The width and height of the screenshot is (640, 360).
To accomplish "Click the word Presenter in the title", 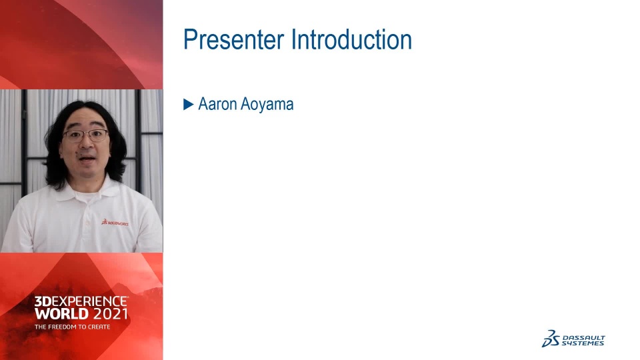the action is click(233, 39).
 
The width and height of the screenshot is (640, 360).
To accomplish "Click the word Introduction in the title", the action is click(351, 39).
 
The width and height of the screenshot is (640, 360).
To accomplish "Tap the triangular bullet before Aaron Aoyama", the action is click(188, 105).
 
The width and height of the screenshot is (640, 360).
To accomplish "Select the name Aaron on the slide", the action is click(217, 104).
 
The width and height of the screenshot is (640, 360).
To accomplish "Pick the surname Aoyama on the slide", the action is click(267, 105).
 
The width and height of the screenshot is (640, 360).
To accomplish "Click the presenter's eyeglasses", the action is click(86, 135).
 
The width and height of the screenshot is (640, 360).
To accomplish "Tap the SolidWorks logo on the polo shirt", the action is click(115, 223).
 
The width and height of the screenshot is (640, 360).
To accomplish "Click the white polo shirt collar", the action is click(87, 190).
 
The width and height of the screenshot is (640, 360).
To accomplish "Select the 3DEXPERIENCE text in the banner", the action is click(81, 301).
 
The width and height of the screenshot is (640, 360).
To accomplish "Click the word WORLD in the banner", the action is click(61, 314).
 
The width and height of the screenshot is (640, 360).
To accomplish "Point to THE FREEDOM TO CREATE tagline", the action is click(72, 327).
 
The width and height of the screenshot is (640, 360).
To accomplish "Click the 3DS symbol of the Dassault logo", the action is click(551, 339).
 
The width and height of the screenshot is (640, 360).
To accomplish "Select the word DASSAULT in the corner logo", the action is click(584, 337).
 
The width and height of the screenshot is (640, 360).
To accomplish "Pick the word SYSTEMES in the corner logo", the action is click(583, 343).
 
